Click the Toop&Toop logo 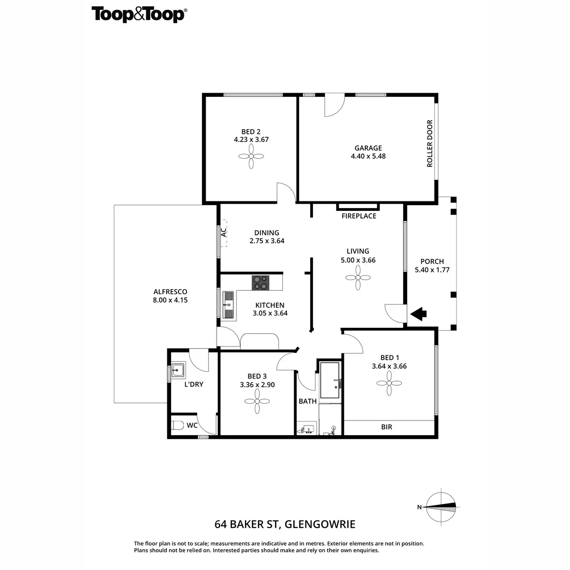pos(139,14)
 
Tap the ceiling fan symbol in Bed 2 pos(251,156)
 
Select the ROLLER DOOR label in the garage pos(430,143)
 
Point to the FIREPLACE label pos(359,216)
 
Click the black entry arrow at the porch pos(418,313)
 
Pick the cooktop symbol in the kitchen pos(260,283)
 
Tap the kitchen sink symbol pos(228,304)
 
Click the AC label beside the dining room pos(223,232)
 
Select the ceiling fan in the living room pos(358,277)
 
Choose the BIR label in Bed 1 pos(387,427)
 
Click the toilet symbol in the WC pos(177,426)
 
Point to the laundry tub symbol pos(179,369)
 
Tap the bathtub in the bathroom pos(330,380)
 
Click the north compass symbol pos(441,507)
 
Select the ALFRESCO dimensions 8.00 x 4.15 pos(170,300)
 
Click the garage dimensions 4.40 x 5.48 pos(368,156)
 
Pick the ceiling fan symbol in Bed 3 pos(257,401)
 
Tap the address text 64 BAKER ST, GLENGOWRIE pos(285,525)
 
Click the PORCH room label pos(432,261)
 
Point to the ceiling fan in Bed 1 pos(389,383)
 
